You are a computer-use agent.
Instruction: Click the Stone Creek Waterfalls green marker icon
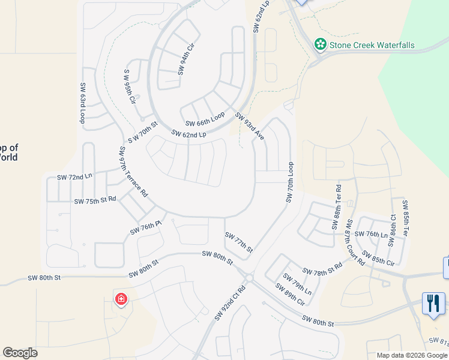point(321,44)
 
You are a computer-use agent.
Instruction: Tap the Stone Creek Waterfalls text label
point(372,46)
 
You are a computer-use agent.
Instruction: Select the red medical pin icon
point(121,298)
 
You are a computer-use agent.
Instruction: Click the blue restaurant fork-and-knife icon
point(433,302)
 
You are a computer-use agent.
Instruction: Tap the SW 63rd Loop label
point(83,103)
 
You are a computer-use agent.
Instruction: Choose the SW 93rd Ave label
point(250,127)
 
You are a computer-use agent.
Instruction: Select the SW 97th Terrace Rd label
point(133,172)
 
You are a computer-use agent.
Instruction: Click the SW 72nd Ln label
point(74,178)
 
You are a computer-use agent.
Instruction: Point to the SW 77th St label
point(239,242)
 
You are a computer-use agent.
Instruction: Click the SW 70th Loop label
point(290,182)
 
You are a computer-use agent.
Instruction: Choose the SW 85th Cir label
point(378,259)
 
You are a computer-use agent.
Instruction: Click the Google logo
point(20,353)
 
